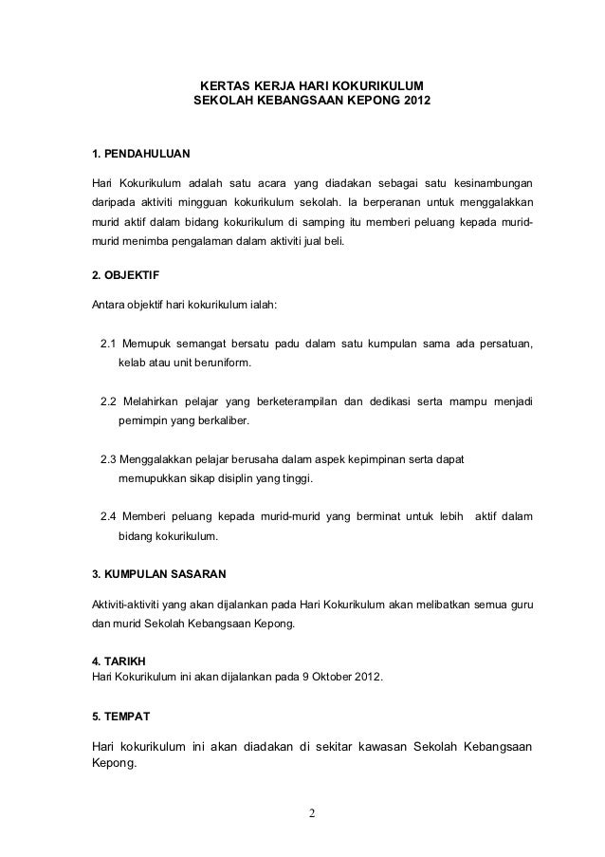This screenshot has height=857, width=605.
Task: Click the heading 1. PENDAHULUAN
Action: (x=139, y=153)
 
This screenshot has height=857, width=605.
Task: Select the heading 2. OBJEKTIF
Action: (x=124, y=276)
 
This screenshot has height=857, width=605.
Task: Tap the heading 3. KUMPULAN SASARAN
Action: (x=157, y=575)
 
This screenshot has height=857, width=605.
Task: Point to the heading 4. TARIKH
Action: (x=119, y=661)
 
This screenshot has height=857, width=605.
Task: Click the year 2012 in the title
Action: (x=412, y=99)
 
